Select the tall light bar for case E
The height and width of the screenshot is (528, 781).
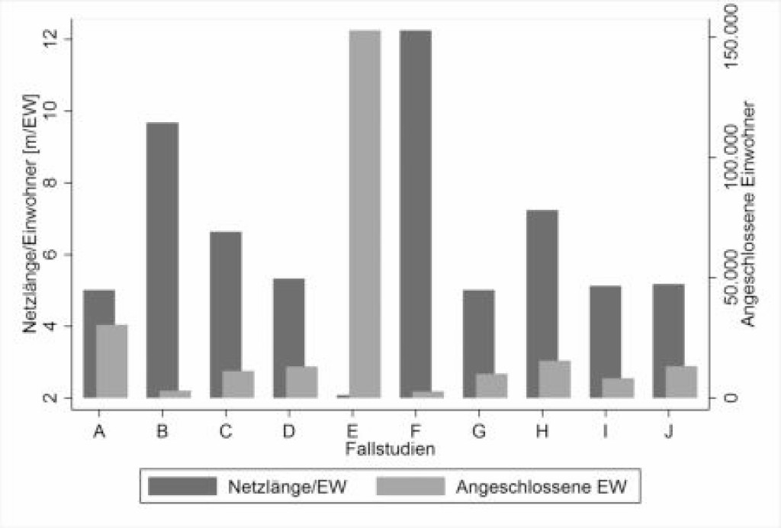coord(365,214)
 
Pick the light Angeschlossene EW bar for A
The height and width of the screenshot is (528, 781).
coord(111,361)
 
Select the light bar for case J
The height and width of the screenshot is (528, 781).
coord(681,382)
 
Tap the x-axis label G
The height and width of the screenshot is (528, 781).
coord(478,432)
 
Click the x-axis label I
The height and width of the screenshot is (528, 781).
coord(605,432)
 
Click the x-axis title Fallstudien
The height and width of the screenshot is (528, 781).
coord(390,449)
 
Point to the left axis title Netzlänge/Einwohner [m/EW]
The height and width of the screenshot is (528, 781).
coord(30,217)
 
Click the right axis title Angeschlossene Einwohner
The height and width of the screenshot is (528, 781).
coord(750,214)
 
